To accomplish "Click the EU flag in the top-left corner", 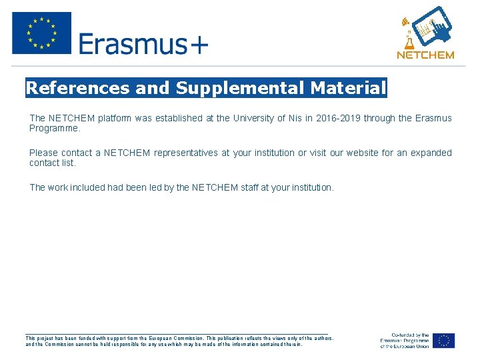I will [41, 33].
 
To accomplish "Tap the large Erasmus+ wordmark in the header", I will [143, 44].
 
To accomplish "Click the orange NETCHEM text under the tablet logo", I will [425, 55].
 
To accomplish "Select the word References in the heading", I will [77, 88].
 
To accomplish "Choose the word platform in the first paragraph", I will [114, 118].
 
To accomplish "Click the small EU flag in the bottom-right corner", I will [443, 341].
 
